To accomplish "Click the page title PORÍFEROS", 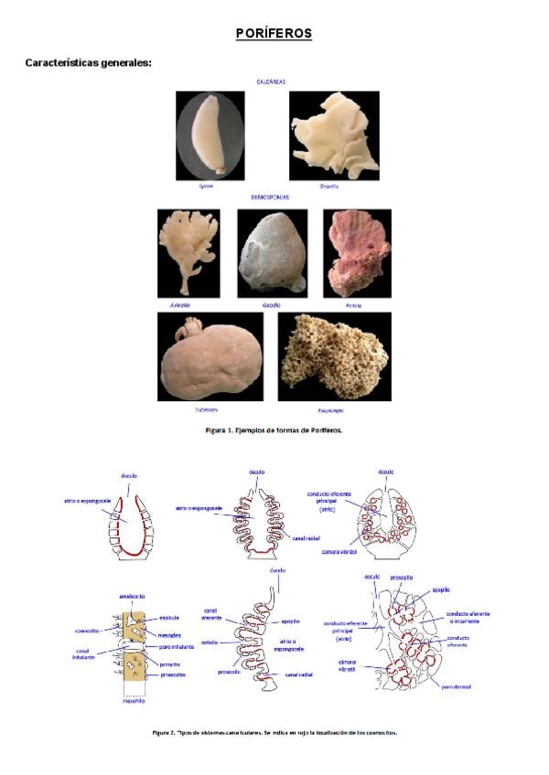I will point(274,34).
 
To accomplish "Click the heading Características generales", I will point(88,63).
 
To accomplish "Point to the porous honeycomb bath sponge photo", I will point(334,356).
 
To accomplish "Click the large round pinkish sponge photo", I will point(210,357).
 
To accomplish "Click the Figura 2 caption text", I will point(274,732).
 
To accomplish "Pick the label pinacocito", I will point(175,674).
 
